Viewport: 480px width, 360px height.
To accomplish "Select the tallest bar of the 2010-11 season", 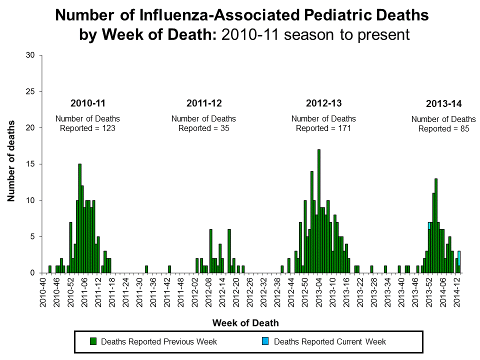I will click(79, 218).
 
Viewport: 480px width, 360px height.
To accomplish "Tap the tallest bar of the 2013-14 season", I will click(436, 225).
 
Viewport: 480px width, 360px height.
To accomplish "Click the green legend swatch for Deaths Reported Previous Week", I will click(93, 342).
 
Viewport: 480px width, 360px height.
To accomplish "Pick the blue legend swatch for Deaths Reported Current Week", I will click(266, 342).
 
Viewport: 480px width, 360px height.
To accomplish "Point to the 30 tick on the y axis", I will click(30, 55).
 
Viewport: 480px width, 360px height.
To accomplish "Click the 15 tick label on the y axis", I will click(30, 164).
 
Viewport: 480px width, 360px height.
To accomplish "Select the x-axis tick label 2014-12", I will click(457, 292).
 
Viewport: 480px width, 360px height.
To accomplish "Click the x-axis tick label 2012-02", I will click(194, 292).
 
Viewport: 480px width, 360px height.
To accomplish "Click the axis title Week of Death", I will click(245, 323).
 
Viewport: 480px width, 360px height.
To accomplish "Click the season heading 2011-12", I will click(203, 103).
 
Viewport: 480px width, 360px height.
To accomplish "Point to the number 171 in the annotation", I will click(345, 128).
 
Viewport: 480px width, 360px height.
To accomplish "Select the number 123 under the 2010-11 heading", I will click(109, 128).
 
